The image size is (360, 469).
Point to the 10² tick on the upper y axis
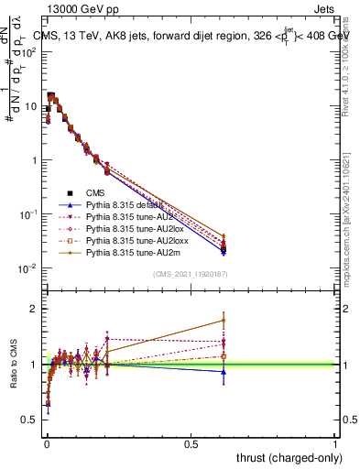pos(32,51)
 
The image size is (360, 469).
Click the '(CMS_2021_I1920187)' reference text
pos(191,274)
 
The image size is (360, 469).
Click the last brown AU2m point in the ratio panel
pos(223,320)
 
